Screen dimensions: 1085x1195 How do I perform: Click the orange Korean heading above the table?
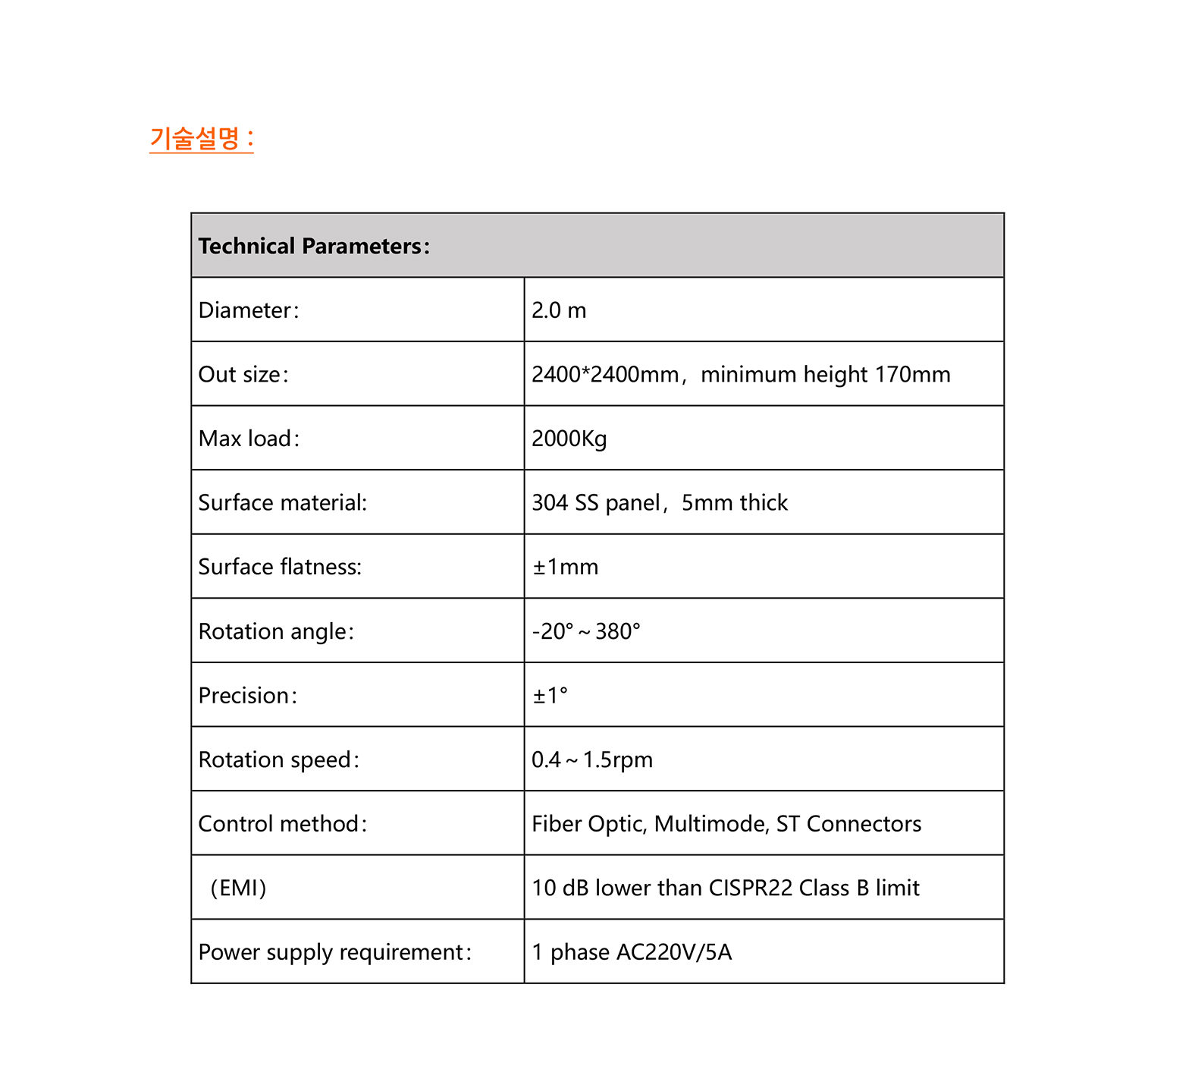[x=201, y=139]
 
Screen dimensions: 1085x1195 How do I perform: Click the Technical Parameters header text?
[x=314, y=246]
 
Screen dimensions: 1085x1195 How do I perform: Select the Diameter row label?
[x=249, y=310]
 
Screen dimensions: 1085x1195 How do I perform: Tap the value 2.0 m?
[x=559, y=310]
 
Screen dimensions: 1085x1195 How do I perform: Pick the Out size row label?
[x=243, y=375]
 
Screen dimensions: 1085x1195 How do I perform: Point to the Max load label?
[x=249, y=439]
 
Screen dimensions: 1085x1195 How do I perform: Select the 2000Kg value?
[x=569, y=439]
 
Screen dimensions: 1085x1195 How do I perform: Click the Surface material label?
[x=282, y=503]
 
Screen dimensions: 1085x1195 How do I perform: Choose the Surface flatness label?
[x=280, y=567]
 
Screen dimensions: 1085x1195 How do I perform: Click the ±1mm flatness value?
[x=566, y=567]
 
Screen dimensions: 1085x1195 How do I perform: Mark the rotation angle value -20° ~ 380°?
[x=586, y=631]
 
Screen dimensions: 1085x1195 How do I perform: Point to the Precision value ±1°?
[x=550, y=696]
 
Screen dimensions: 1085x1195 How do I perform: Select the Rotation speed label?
[x=278, y=759]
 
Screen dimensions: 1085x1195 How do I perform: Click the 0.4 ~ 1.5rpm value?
[x=592, y=759]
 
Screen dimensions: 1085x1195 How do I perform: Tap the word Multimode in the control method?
[x=711, y=824]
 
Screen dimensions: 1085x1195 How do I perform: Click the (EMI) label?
[x=239, y=888]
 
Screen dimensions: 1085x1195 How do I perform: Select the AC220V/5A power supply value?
[x=674, y=952]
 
